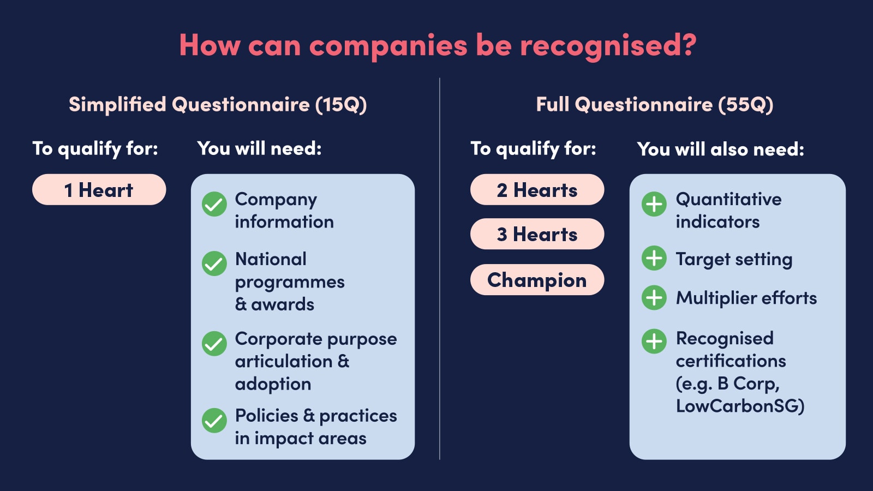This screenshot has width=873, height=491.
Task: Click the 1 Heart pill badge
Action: click(99, 190)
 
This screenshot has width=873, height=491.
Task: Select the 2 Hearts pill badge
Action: click(537, 190)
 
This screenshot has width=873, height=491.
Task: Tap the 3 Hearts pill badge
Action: click(537, 234)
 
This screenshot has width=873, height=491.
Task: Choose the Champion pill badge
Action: click(537, 280)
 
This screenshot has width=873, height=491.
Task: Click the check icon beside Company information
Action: click(214, 204)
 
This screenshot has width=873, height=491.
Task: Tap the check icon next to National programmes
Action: click(214, 264)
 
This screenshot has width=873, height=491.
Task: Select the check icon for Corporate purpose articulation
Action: click(214, 344)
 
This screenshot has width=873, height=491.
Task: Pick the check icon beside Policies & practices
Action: click(214, 421)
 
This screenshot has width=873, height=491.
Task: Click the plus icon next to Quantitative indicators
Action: click(654, 204)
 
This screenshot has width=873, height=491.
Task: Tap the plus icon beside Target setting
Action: click(654, 258)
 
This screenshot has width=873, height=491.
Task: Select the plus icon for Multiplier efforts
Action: click(654, 298)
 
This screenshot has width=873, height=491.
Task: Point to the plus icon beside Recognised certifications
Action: click(654, 342)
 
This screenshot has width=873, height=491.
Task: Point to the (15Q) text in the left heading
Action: click(341, 104)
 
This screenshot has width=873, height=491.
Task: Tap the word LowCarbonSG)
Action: click(740, 406)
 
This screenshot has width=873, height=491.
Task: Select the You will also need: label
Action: click(720, 149)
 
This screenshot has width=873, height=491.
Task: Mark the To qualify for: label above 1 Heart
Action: click(95, 148)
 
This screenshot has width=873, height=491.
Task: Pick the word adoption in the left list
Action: click(273, 384)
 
